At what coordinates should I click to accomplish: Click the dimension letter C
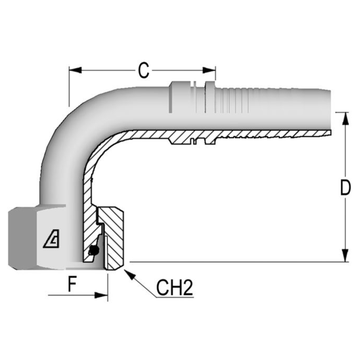pyautogui.click(x=143, y=70)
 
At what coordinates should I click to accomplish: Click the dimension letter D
pyautogui.click(x=345, y=188)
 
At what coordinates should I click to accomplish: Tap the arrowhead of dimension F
pyautogui.click(x=101, y=295)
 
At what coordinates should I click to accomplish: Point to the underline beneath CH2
pyautogui.click(x=175, y=297)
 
